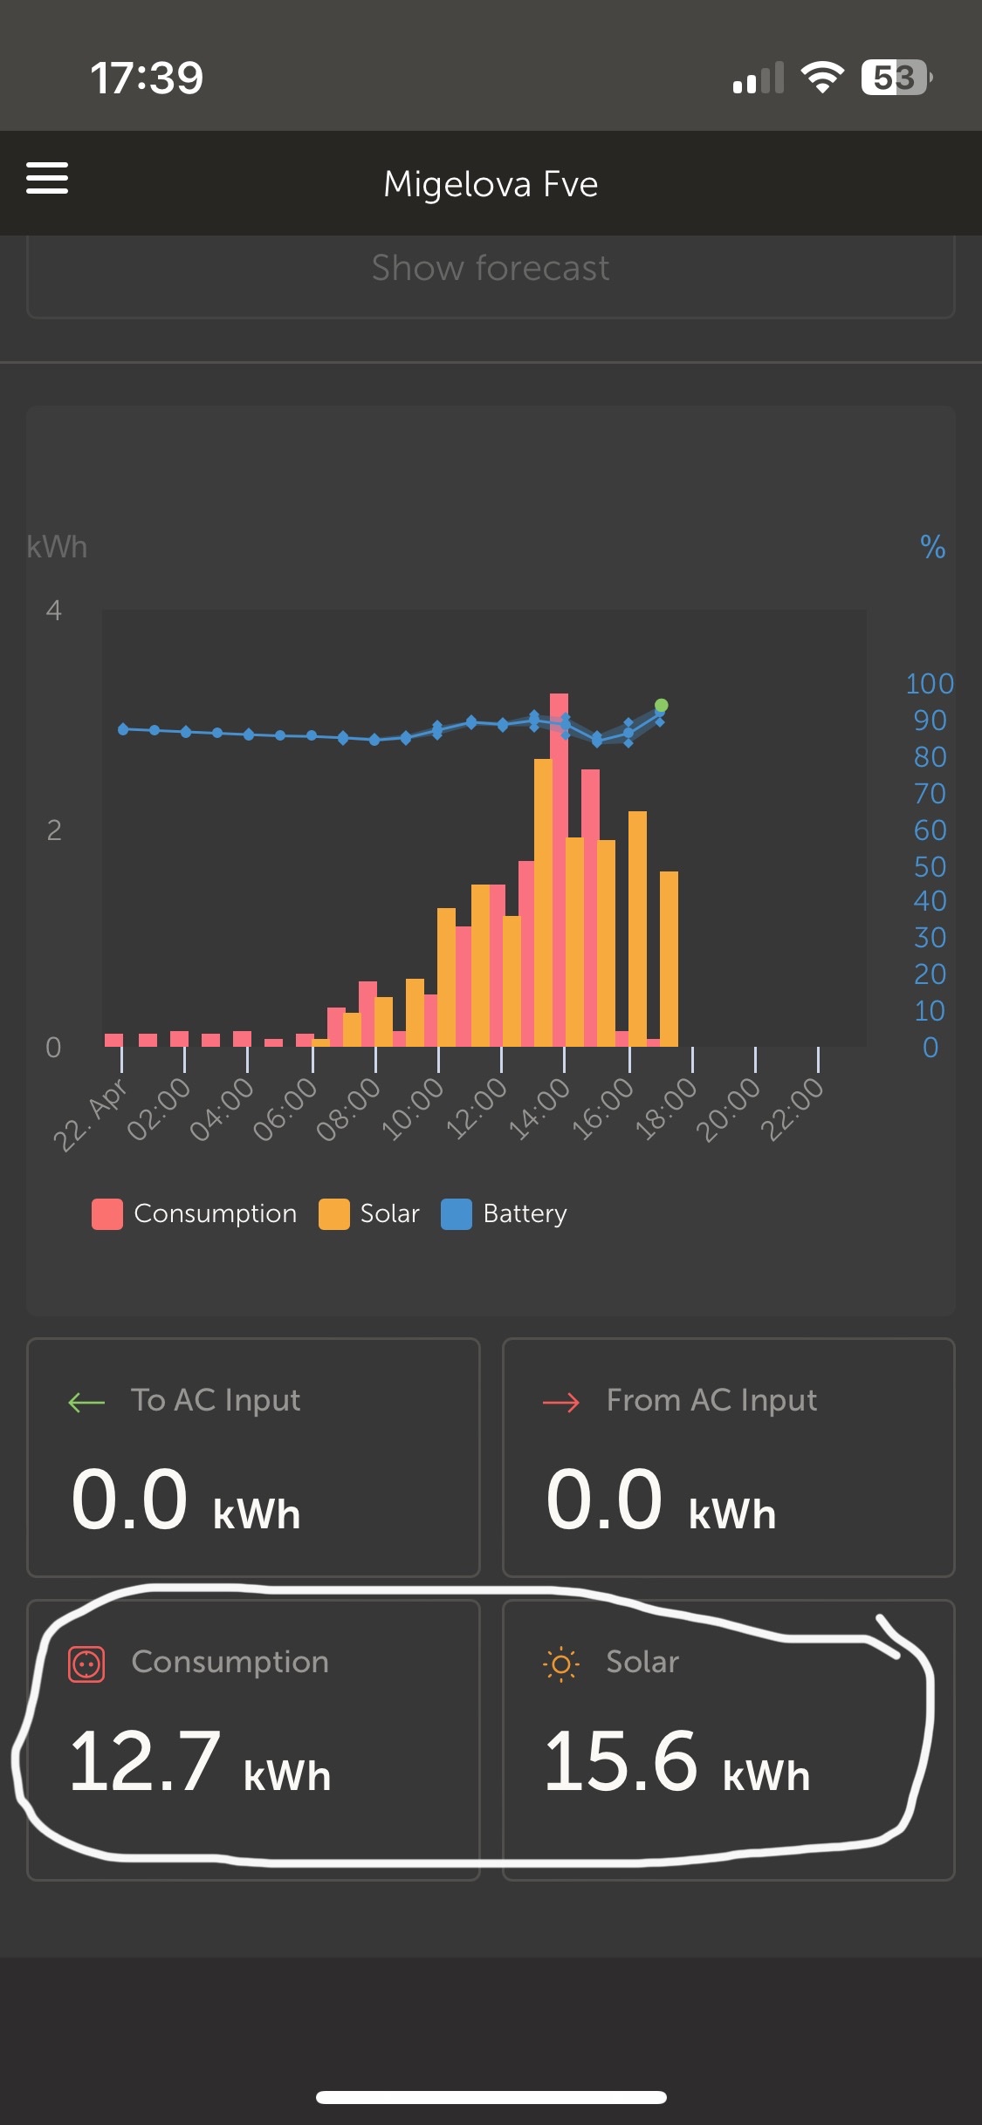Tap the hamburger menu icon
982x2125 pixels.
pyautogui.click(x=47, y=178)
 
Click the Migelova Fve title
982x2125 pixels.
pyautogui.click(x=491, y=184)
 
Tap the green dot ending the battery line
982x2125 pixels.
pyautogui.click(x=662, y=705)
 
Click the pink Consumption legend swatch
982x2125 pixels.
pyautogui.click(x=107, y=1213)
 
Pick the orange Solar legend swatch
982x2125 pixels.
pyautogui.click(x=333, y=1213)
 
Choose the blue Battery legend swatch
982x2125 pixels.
pyautogui.click(x=457, y=1213)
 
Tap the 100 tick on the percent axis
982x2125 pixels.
pyautogui.click(x=930, y=684)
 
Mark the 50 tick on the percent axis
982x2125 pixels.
pyautogui.click(x=930, y=866)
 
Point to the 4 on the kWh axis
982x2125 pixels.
pyautogui.click(x=54, y=611)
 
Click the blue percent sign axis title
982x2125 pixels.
pyautogui.click(x=932, y=547)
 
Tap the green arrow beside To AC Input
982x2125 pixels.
pyautogui.click(x=86, y=1402)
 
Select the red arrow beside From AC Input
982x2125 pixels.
pyautogui.click(x=561, y=1402)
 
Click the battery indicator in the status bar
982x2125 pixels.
pyautogui.click(x=896, y=78)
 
